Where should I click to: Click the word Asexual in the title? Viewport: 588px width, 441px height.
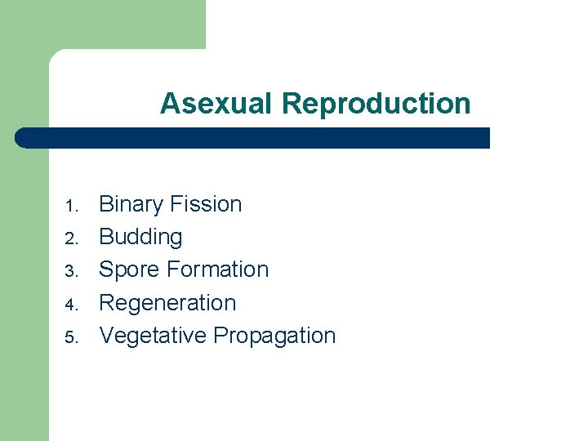tap(217, 104)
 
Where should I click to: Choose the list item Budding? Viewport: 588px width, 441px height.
tap(140, 237)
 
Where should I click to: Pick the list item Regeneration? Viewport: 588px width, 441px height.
tap(167, 303)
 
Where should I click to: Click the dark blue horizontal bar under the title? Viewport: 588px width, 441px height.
tap(253, 138)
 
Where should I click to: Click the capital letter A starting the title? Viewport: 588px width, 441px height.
tap(169, 104)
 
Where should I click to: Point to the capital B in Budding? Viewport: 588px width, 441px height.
tap(106, 237)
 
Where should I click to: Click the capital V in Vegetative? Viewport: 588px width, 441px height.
tap(106, 336)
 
